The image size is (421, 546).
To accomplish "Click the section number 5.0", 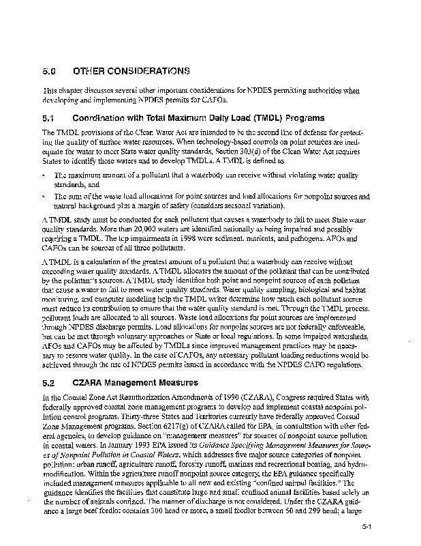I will click(48, 71).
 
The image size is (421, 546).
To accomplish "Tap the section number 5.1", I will click(48, 117).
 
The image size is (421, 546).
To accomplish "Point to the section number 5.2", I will click(48, 384).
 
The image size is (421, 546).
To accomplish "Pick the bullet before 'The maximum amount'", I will click(44, 176).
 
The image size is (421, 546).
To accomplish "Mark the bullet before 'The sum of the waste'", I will click(44, 197).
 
